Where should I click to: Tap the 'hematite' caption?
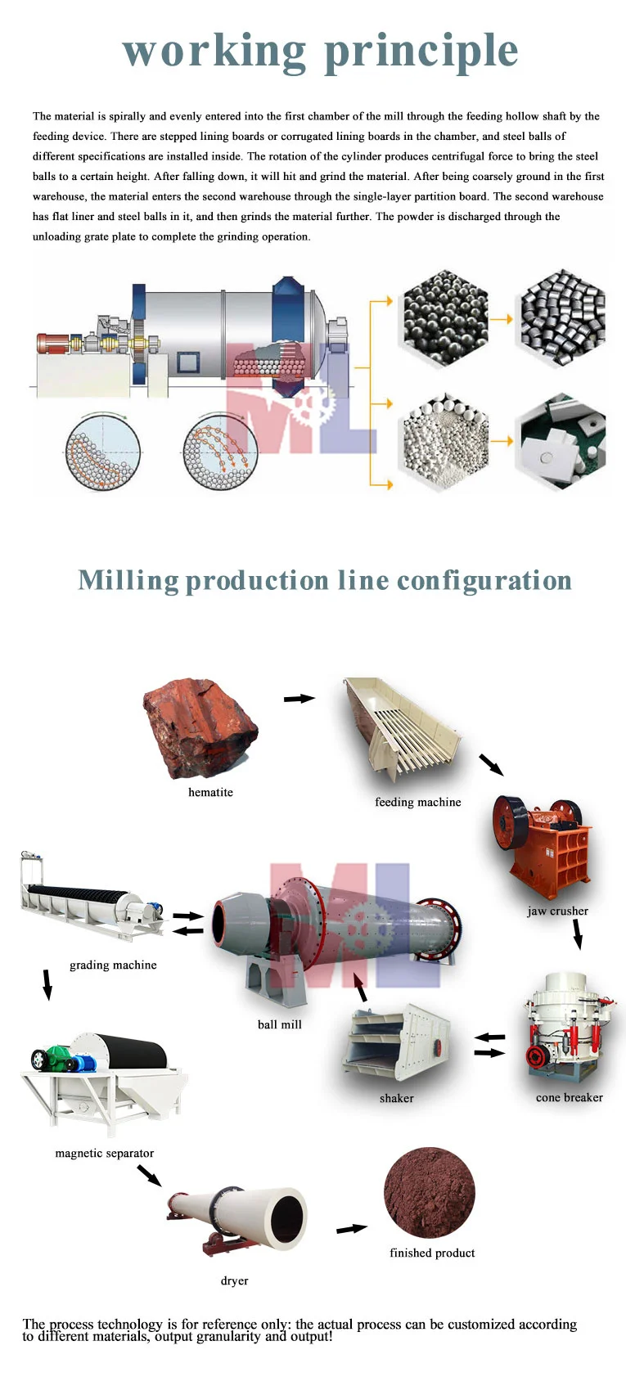210,792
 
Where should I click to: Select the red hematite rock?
201,727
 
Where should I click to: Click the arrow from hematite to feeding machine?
299,698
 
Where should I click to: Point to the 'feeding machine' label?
417,802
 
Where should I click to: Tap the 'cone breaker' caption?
569,1097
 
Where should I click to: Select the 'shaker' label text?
396,1098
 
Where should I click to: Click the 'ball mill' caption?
279,1024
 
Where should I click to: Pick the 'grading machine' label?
113,965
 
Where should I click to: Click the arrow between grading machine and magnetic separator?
47,984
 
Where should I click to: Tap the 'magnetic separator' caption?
104,1153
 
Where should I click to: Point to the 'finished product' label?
432,1253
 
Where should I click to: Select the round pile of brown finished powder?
430,1192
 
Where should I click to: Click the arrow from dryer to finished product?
352,1228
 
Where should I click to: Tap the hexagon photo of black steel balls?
444,318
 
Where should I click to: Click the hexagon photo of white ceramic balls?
444,441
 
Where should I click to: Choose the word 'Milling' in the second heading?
128,580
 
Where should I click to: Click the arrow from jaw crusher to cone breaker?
577,934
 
